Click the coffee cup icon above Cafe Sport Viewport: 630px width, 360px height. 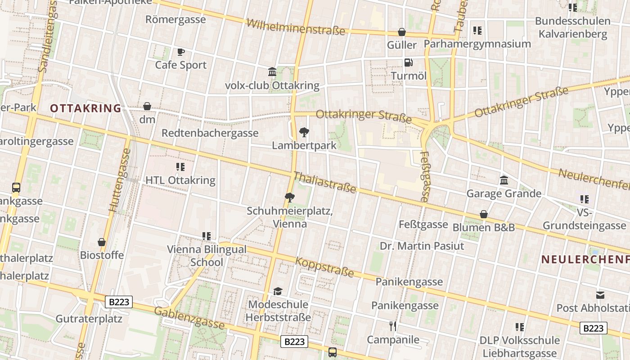[x=180, y=52]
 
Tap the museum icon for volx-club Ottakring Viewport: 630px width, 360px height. [x=272, y=72]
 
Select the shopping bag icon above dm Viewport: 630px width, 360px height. [x=147, y=106]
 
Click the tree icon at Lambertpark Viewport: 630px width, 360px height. [x=304, y=132]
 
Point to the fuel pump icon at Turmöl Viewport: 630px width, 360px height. [x=408, y=63]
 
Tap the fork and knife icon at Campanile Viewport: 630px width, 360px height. [x=393, y=326]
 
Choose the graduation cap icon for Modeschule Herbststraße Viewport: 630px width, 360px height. [x=278, y=291]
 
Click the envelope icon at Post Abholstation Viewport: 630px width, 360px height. [x=600, y=295]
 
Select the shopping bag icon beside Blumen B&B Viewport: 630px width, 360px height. [x=484, y=214]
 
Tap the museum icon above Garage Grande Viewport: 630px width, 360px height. [x=504, y=180]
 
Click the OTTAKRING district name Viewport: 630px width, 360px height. [x=85, y=108]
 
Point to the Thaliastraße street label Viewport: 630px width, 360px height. [x=325, y=182]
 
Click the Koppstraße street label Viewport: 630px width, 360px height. [x=324, y=266]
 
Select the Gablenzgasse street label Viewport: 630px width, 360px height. [x=189, y=318]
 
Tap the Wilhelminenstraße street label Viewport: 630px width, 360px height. [x=296, y=27]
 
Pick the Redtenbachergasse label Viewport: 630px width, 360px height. [x=210, y=133]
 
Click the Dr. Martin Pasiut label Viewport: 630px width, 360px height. [x=422, y=246]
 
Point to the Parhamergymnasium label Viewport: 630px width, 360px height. [x=477, y=44]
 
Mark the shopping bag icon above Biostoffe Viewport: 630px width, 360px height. [x=102, y=242]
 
